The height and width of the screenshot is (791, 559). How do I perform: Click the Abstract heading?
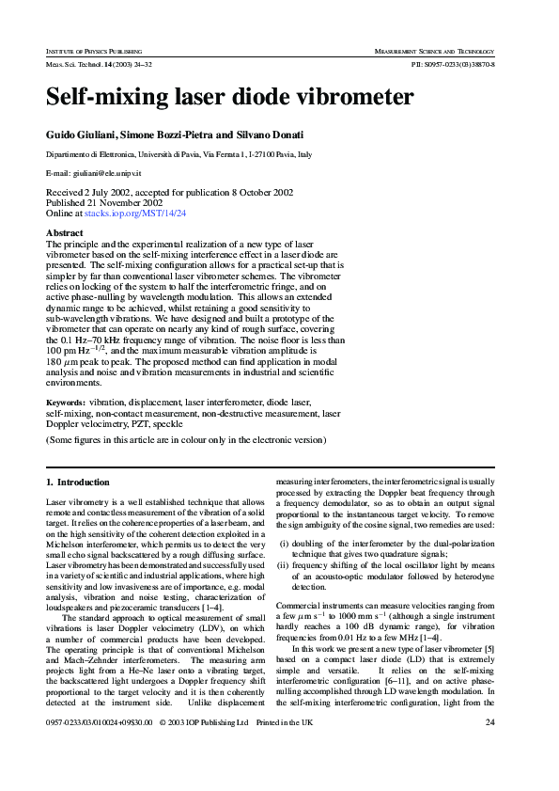click(65, 233)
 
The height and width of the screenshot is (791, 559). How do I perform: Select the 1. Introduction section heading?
click(78, 483)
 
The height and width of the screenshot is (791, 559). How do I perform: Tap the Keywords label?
click(66, 402)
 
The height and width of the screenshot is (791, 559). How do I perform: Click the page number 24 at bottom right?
click(489, 749)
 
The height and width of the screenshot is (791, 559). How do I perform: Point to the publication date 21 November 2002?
click(124, 202)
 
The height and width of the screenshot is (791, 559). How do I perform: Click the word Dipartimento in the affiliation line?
click(71, 155)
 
